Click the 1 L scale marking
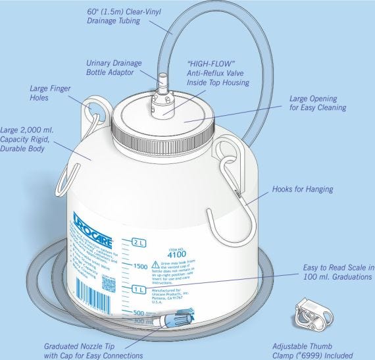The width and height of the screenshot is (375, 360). click(139, 290)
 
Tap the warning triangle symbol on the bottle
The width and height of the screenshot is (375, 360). click(156, 263)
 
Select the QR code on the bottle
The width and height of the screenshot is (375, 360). click(109, 285)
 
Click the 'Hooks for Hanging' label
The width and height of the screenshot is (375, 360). click(303, 190)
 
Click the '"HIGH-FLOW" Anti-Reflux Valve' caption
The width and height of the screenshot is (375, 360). click(218, 73)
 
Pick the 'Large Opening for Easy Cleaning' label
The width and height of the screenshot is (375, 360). click(317, 103)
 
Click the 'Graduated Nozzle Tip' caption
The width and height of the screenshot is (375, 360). click(95, 349)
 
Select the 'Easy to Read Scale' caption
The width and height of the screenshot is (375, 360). click(337, 272)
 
